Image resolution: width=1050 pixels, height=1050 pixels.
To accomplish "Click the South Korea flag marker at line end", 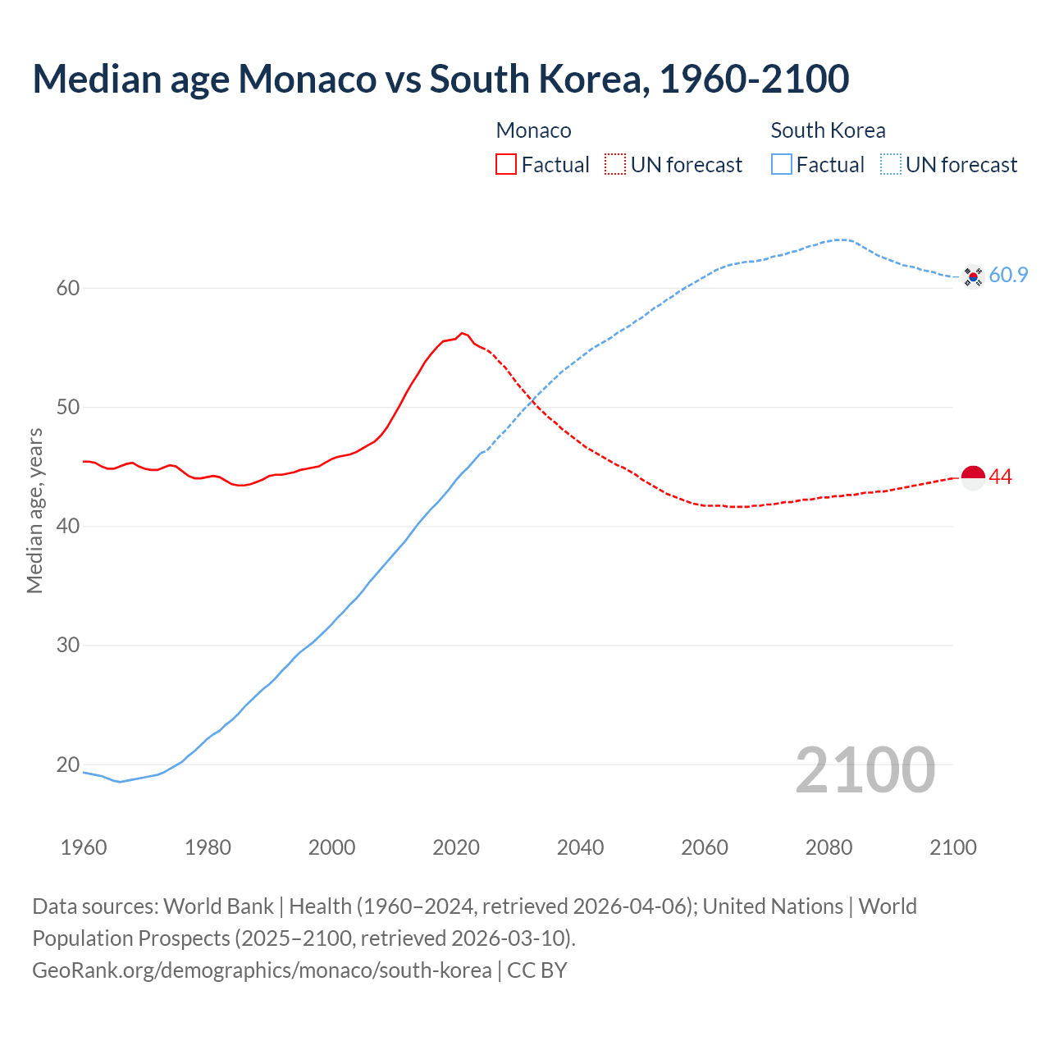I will click(973, 276).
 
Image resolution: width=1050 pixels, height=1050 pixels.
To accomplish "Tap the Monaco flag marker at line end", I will click(973, 477).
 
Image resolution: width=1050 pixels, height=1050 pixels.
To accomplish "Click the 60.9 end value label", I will click(1008, 276).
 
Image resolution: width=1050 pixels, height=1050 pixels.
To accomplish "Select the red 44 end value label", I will click(1001, 477).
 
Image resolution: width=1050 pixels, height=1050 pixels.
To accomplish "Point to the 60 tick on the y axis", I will click(68, 288).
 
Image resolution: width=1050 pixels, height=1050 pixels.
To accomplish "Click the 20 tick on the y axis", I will click(68, 765).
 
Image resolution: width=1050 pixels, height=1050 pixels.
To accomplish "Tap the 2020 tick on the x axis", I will click(456, 847).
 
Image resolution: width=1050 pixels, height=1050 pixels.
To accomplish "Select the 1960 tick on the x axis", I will click(84, 847).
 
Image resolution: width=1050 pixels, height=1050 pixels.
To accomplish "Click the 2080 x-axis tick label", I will click(829, 847).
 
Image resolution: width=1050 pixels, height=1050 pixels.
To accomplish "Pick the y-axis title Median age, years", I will click(34, 510).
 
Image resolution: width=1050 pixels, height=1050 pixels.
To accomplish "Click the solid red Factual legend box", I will click(506, 165).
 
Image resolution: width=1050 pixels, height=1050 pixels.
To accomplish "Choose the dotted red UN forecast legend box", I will click(615, 165).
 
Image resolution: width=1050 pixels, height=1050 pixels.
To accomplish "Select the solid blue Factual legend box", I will click(782, 165).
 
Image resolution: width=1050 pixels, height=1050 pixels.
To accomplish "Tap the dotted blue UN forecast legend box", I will click(891, 165).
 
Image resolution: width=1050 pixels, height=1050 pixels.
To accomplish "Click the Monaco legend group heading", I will click(533, 130).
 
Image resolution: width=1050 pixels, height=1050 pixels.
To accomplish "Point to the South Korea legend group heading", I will click(828, 130).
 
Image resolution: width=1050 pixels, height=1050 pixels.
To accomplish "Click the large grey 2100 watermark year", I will click(865, 769).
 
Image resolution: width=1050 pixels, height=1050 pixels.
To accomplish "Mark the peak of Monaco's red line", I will click(462, 333).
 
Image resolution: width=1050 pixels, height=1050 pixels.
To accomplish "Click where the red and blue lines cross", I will click(534, 399).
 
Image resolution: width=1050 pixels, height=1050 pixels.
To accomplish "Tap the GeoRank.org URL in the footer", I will click(262, 970).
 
